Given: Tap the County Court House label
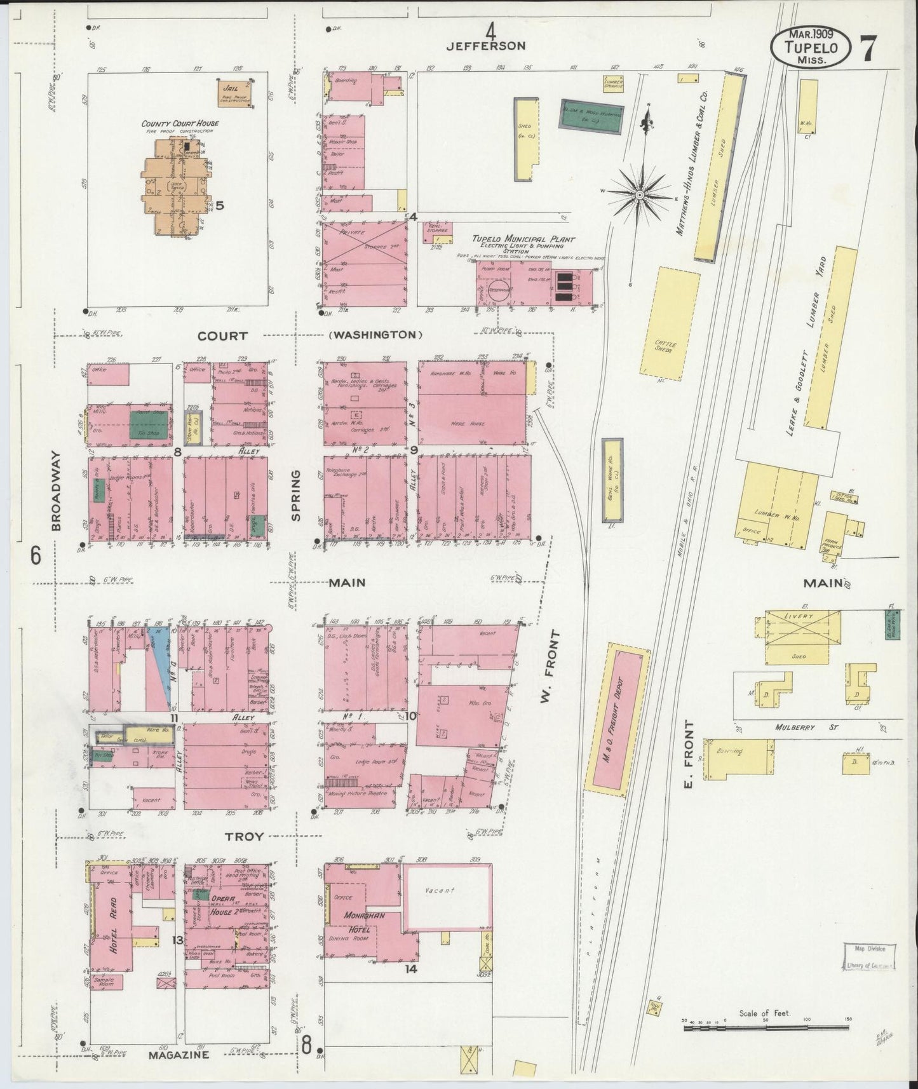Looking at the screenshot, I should [x=180, y=123].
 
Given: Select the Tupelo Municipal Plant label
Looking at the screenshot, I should [x=522, y=240].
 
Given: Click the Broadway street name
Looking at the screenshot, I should [x=56, y=490].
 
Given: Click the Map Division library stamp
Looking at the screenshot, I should [x=869, y=957].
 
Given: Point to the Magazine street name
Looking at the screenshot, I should [x=179, y=1055].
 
